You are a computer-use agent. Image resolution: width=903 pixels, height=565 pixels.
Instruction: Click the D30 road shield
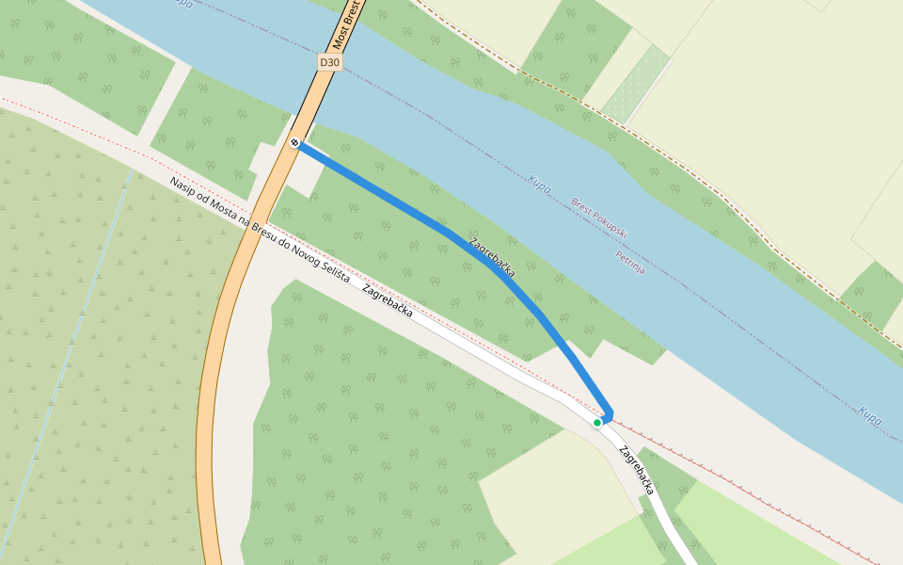pos(328,62)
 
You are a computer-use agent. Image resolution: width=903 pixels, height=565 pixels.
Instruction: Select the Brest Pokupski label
pos(599,218)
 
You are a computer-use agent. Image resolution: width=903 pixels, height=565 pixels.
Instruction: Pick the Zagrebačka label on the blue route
pos(491,255)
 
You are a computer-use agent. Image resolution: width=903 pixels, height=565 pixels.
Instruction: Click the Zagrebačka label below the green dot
pos(637,469)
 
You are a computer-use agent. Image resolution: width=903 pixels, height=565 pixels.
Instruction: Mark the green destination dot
pos(597,423)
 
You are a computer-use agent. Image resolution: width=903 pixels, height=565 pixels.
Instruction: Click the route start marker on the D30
pos(295,143)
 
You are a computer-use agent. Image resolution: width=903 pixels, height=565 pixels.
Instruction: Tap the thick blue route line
pos(395,200)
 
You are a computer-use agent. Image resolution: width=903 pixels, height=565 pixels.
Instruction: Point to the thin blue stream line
pos(85,311)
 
